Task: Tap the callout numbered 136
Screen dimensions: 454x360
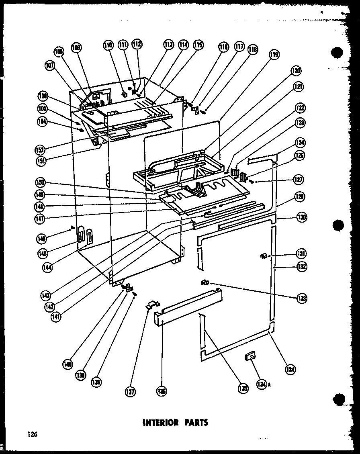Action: (162, 391)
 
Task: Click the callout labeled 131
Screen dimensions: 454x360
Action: (301, 254)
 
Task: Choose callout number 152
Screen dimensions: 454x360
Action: (40, 149)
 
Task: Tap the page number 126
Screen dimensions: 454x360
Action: (32, 434)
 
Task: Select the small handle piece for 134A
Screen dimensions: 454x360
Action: (249, 355)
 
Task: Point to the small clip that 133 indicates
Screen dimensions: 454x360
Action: (205, 284)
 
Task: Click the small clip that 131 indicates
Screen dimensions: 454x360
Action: (264, 256)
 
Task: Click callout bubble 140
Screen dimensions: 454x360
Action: (67, 364)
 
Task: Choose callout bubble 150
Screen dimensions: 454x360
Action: (41, 183)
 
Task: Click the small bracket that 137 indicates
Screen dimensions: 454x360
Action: (151, 304)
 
